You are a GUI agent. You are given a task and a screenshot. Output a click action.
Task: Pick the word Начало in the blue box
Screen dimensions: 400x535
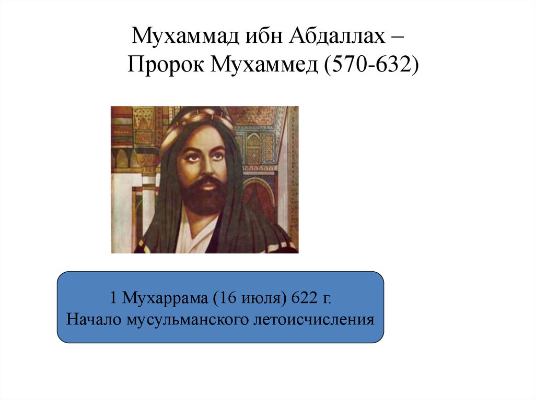coord(94,319)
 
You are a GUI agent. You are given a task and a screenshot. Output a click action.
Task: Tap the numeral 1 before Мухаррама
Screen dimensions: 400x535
coord(113,299)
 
